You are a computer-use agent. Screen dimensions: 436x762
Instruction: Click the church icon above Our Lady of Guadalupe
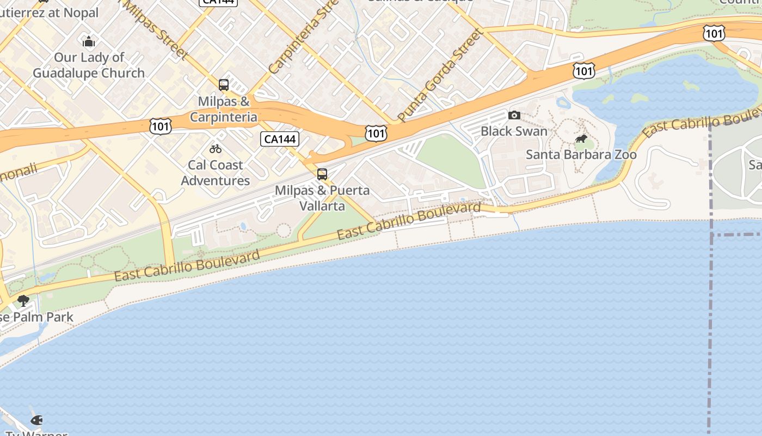click(88, 41)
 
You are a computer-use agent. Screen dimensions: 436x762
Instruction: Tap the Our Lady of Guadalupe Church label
click(89, 65)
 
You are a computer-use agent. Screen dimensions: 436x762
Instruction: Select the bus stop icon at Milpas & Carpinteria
click(224, 85)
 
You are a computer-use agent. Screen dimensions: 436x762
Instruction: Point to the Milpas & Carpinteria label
click(223, 109)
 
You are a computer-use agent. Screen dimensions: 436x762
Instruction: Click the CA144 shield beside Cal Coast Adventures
click(279, 139)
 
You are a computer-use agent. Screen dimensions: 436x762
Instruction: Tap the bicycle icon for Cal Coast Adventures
click(216, 148)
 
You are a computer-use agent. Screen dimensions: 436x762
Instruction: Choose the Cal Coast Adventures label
click(216, 172)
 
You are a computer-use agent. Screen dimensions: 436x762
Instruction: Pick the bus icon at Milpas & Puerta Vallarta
click(322, 174)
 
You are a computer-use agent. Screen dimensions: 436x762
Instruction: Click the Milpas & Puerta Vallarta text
click(322, 198)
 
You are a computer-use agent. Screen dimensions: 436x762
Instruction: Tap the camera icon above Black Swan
click(514, 115)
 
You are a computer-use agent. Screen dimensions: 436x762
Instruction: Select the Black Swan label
click(514, 131)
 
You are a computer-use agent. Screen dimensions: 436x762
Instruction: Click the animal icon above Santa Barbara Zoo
click(581, 139)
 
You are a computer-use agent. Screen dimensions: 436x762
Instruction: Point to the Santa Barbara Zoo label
click(581, 155)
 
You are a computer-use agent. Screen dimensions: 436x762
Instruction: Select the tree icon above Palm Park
click(23, 300)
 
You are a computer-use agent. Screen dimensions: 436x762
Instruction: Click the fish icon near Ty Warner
click(36, 420)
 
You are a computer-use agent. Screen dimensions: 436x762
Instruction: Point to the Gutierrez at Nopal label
click(49, 13)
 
